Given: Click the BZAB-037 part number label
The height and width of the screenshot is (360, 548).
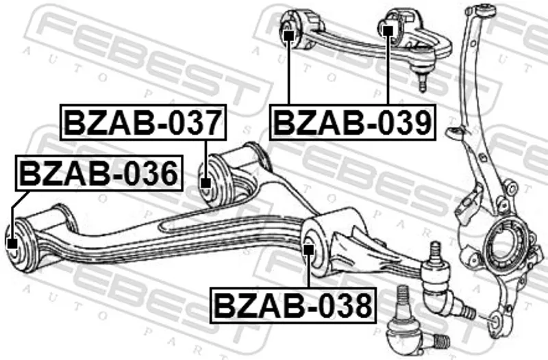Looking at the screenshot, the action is (x=143, y=123).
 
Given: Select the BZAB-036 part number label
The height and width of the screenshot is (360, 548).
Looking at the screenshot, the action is (x=99, y=173).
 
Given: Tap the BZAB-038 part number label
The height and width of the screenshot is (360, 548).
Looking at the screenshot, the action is (x=293, y=305).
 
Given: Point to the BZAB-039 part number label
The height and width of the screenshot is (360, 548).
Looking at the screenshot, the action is (x=353, y=123).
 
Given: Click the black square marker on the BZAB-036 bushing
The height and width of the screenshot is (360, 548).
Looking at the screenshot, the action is (x=12, y=244).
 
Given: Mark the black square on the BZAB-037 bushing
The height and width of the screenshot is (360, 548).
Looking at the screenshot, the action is (x=206, y=183).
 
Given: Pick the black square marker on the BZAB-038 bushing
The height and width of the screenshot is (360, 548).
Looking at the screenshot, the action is (x=308, y=250).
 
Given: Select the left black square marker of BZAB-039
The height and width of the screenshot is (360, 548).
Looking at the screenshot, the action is (x=288, y=36).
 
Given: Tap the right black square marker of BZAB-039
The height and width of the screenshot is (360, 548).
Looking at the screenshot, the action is (x=388, y=31).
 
